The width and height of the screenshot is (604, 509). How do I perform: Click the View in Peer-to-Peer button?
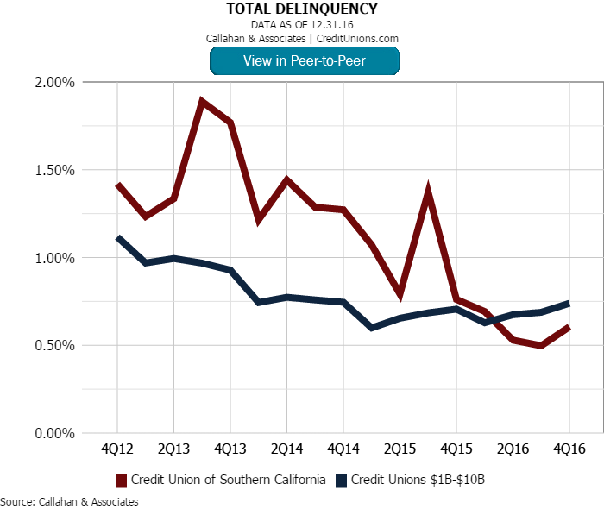(304, 60)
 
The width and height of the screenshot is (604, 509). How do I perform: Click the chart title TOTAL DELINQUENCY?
(302, 9)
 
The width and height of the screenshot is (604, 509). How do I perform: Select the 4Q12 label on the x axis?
(117, 450)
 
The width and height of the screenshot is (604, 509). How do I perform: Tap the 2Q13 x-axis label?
(173, 450)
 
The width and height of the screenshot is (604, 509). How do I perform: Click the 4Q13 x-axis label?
(230, 450)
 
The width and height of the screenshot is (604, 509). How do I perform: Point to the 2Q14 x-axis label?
(286, 450)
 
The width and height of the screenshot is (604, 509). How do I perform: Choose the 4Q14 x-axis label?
(343, 450)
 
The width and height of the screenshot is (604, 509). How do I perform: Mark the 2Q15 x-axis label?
(400, 450)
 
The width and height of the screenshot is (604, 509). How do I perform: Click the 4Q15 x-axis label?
(456, 450)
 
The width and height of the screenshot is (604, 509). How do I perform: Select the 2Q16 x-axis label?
(513, 450)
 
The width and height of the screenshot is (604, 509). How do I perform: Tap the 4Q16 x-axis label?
(569, 450)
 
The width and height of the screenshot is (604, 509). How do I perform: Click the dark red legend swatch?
(121, 480)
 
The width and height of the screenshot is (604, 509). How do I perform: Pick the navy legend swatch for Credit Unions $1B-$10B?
(341, 480)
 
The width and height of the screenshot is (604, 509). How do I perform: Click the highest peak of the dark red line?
(202, 102)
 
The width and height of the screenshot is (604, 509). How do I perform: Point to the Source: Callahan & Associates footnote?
(69, 501)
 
